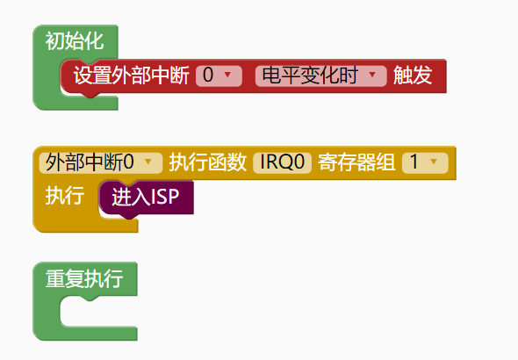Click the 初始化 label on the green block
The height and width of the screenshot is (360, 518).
pos(75,41)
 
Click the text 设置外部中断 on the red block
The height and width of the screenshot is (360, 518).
pos(131,76)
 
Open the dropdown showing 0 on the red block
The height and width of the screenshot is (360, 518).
pos(219,76)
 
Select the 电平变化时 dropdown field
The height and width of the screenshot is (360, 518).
pos(320,76)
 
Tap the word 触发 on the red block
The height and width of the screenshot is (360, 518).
pos(413,76)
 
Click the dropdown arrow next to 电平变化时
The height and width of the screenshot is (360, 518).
pos(372,75)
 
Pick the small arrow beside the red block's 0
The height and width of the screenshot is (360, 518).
pos(227,75)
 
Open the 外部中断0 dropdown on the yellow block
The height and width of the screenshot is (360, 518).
pos(101,162)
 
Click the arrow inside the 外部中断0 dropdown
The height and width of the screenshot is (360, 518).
pos(148,162)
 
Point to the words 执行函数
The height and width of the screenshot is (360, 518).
pos(208,162)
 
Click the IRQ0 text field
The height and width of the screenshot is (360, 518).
pos(282,162)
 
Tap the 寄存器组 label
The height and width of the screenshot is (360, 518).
pos(356,162)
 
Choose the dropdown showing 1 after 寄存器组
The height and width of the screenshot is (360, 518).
pos(425,162)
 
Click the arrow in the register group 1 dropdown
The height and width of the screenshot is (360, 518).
pos(434,162)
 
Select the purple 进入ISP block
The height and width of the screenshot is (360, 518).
pos(147,198)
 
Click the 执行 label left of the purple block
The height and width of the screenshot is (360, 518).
pos(65,196)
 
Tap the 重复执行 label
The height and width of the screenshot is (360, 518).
pos(84,278)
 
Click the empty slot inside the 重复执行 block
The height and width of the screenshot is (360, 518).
pos(99,311)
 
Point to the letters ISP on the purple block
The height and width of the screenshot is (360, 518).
pos(165,197)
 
